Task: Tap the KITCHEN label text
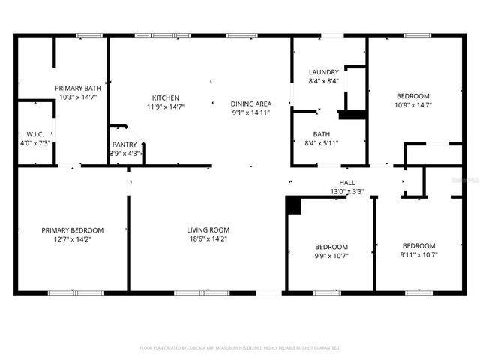(166, 97)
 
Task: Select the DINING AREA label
(251, 103)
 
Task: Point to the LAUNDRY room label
(324, 72)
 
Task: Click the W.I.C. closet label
(34, 134)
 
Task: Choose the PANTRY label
(124, 144)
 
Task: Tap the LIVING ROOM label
(208, 229)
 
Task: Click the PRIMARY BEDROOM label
(72, 229)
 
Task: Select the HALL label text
(347, 182)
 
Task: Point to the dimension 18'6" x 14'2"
(208, 239)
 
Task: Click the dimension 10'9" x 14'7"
(412, 105)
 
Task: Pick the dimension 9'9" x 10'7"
(331, 256)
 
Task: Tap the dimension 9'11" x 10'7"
(418, 255)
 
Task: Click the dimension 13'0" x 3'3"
(347, 192)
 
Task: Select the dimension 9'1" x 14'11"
(251, 112)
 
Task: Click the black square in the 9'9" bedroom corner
(293, 205)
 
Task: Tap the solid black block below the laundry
(352, 115)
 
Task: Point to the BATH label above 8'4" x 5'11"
(322, 134)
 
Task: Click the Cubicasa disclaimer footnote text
(240, 348)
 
